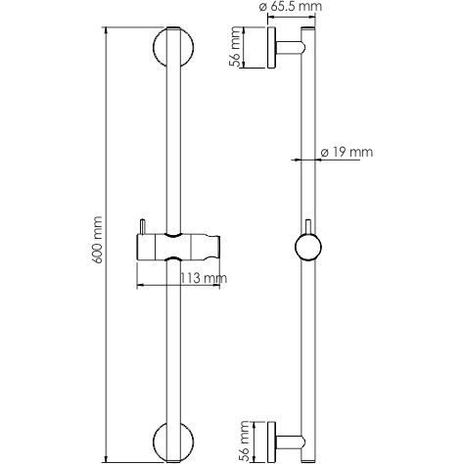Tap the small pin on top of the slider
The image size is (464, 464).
click(x=144, y=227)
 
